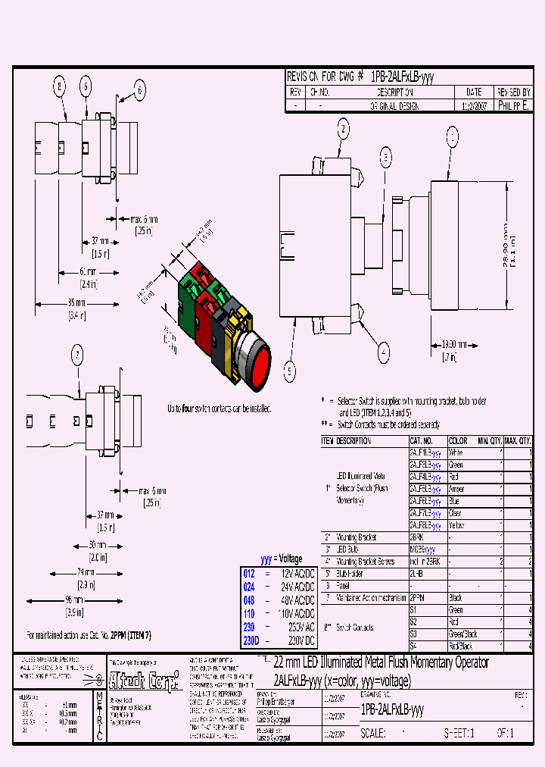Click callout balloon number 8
click(60, 87)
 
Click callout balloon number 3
click(386, 158)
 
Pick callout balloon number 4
click(384, 351)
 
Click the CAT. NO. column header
click(422, 440)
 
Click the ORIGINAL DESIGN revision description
click(393, 107)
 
